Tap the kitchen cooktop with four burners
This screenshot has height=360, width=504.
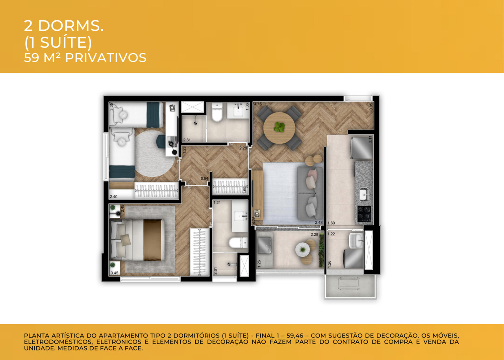[364, 214]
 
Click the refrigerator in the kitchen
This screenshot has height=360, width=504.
[361, 148]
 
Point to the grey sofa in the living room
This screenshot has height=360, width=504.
[310, 192]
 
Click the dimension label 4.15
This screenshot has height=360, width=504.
[258, 104]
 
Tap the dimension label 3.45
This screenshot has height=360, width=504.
[115, 273]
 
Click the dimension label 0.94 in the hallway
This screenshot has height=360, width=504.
[204, 179]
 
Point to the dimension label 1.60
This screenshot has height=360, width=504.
[331, 223]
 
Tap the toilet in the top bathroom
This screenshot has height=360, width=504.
[216, 113]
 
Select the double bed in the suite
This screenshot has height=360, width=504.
[138, 240]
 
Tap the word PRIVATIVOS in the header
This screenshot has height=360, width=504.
[106, 58]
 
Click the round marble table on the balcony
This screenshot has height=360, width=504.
[303, 249]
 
